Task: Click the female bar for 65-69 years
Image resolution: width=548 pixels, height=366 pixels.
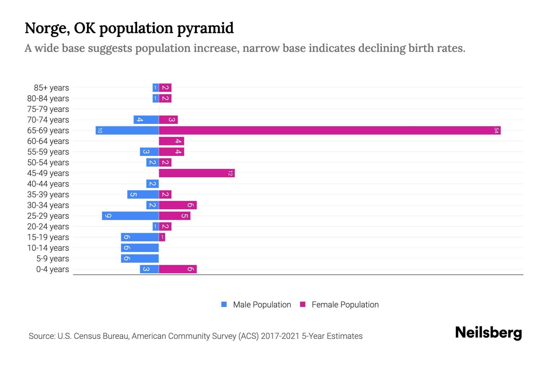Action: click(x=330, y=131)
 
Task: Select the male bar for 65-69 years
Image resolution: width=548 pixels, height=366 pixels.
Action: click(x=127, y=131)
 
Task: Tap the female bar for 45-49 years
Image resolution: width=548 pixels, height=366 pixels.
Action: click(x=197, y=173)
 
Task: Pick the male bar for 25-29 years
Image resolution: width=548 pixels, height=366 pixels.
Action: click(x=130, y=216)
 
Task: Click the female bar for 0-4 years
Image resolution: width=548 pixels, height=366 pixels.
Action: click(x=178, y=269)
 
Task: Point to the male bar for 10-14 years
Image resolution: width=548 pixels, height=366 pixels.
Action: click(x=140, y=248)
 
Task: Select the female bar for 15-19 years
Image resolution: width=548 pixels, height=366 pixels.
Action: click(x=162, y=237)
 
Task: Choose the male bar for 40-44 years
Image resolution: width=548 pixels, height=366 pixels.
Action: click(x=153, y=184)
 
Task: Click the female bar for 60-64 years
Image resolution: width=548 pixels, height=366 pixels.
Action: click(x=171, y=141)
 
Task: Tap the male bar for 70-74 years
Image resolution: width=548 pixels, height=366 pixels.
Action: click(x=146, y=120)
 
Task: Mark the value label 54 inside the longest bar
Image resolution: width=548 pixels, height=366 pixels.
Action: click(x=496, y=131)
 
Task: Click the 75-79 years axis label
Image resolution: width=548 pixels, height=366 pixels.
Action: click(x=48, y=109)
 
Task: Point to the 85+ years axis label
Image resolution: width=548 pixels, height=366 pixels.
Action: click(x=51, y=88)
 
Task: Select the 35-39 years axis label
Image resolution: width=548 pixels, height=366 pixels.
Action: click(x=48, y=195)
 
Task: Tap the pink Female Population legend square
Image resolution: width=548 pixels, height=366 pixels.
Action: click(x=303, y=304)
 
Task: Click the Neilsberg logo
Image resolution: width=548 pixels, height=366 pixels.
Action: click(x=488, y=333)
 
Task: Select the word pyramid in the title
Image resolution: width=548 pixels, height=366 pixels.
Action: click(x=205, y=28)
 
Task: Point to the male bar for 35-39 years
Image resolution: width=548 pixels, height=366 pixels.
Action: click(x=143, y=195)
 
